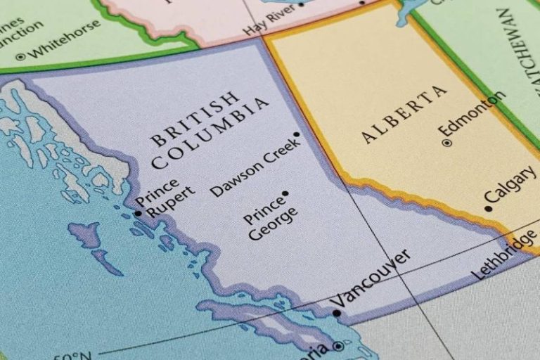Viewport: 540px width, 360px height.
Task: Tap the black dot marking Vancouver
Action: point(337,313)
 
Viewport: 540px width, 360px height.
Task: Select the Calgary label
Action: point(511,186)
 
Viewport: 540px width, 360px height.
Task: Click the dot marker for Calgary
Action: point(488,209)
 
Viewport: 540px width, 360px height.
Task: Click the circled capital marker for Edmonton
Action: point(446,143)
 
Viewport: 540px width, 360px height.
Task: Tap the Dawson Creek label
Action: point(255,167)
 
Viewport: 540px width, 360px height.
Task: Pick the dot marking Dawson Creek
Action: point(297,134)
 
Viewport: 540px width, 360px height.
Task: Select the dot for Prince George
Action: point(285,193)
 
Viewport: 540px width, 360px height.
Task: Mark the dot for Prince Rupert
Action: point(138,213)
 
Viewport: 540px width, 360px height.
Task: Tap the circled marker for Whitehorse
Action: point(20,56)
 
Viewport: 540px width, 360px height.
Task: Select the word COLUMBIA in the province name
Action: point(210,133)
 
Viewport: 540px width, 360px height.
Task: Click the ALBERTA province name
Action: point(404,114)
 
